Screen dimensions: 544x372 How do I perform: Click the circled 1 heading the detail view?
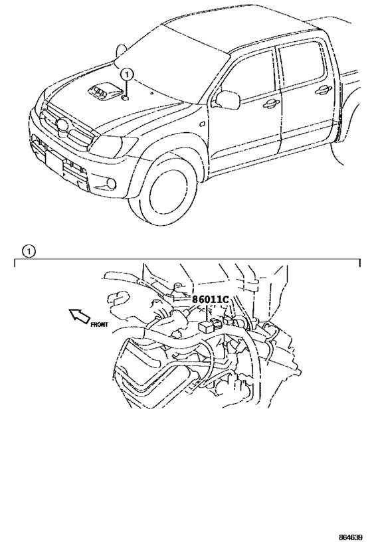27,251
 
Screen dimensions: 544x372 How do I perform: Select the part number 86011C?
210,300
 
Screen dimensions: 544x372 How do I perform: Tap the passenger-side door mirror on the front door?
227,100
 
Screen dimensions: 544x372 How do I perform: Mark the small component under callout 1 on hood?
126,98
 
